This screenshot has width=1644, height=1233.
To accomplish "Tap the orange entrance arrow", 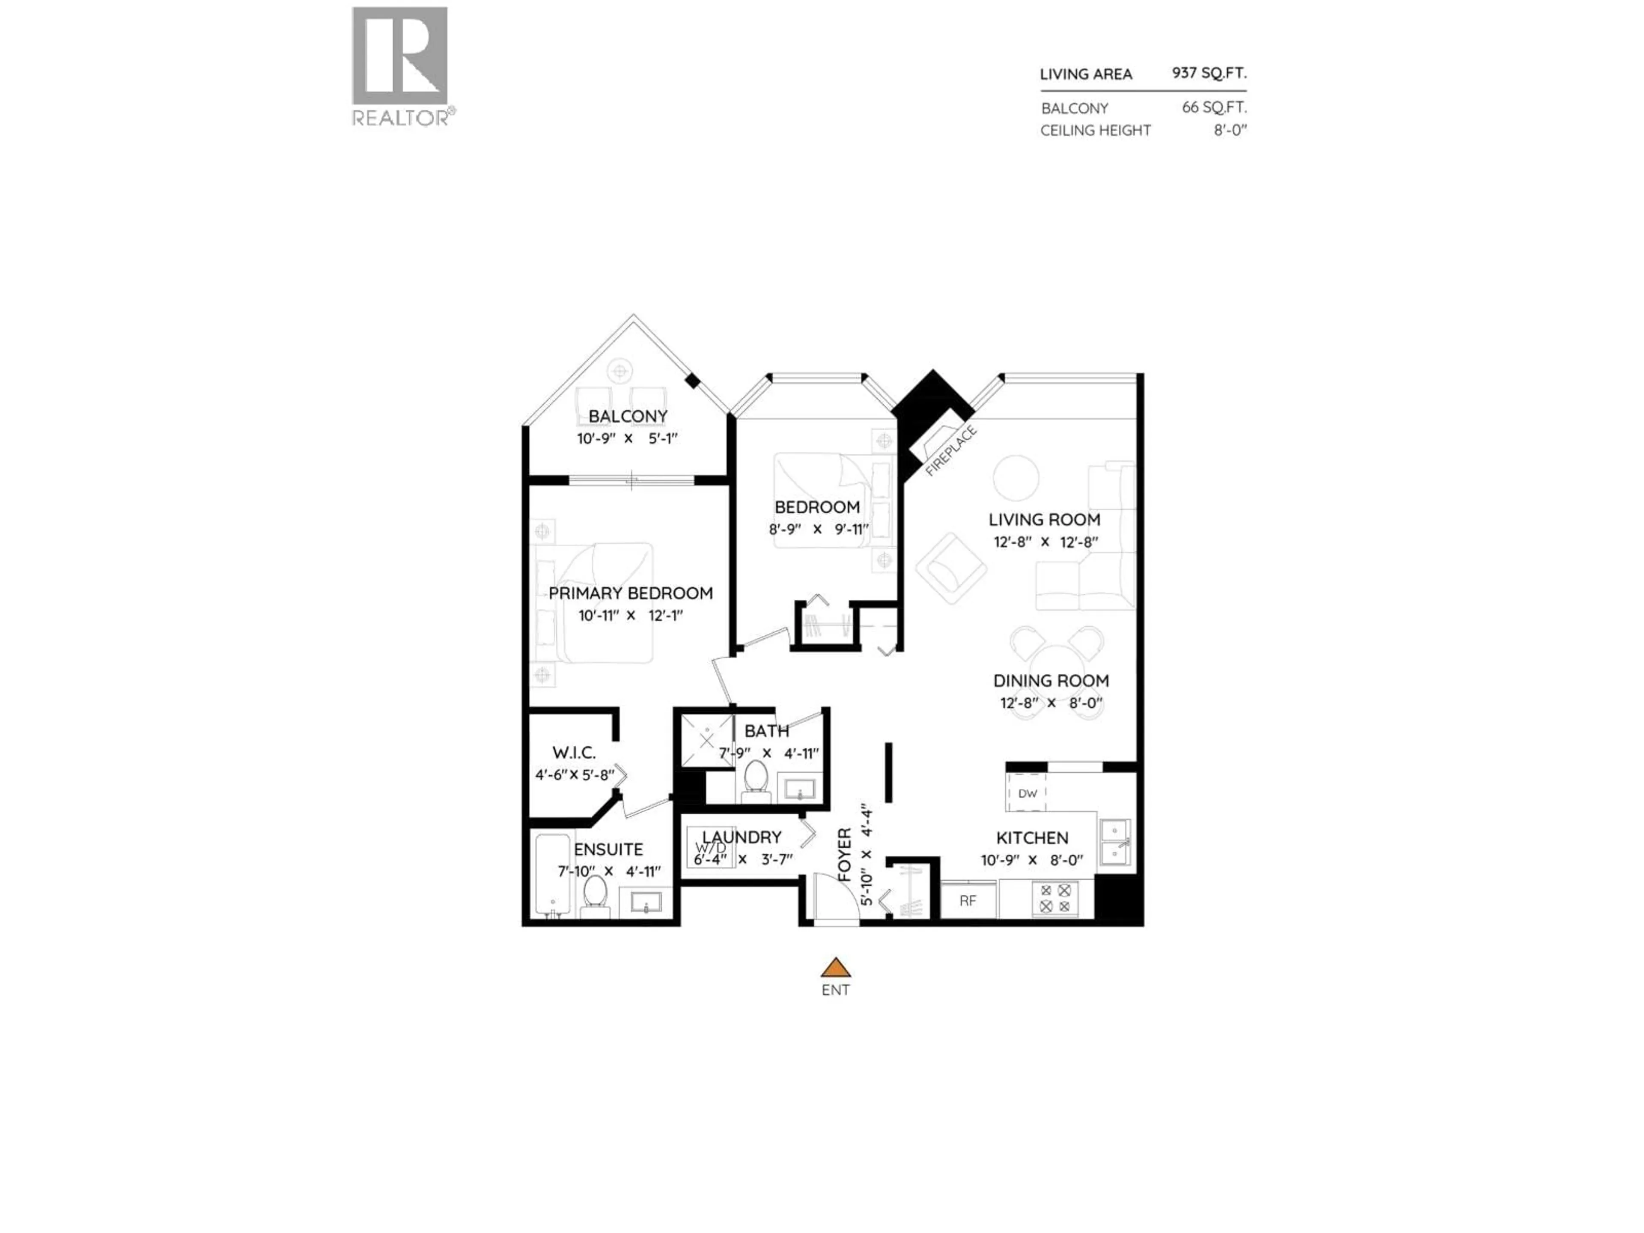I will [835, 968].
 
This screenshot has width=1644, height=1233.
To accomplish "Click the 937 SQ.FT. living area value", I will [1209, 73].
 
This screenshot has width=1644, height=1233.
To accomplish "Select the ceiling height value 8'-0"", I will [1230, 130].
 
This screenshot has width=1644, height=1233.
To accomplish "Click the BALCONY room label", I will [628, 416].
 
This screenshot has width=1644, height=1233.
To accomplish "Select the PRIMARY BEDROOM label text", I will [630, 593].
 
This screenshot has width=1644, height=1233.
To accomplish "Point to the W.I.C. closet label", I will [574, 753].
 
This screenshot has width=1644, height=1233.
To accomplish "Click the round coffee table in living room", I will [1016, 478].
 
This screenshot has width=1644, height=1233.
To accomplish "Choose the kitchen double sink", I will [1115, 842].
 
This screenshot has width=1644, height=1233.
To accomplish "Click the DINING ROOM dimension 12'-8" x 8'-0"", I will [1051, 703].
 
